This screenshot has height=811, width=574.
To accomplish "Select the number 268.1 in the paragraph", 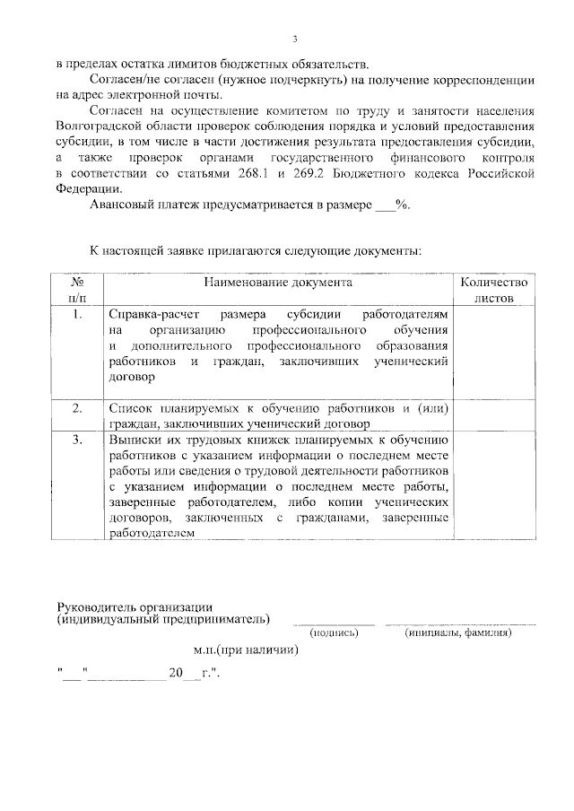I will [265, 172].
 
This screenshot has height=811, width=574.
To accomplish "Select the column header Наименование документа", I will [277, 283].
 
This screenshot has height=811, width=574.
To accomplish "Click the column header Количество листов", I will [494, 290].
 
